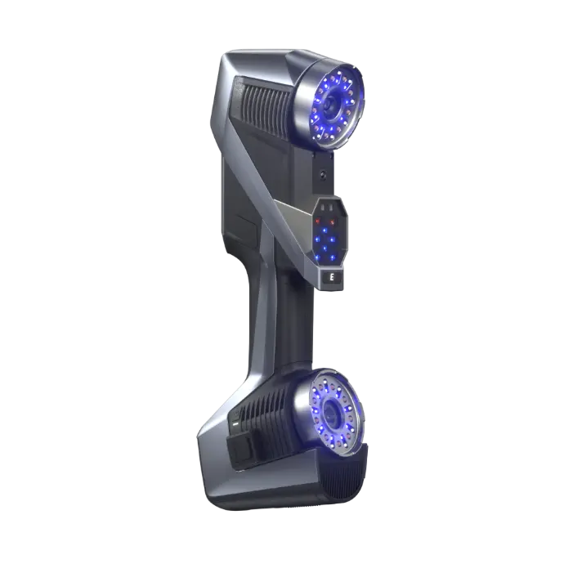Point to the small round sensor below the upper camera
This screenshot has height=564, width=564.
tap(324, 174)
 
